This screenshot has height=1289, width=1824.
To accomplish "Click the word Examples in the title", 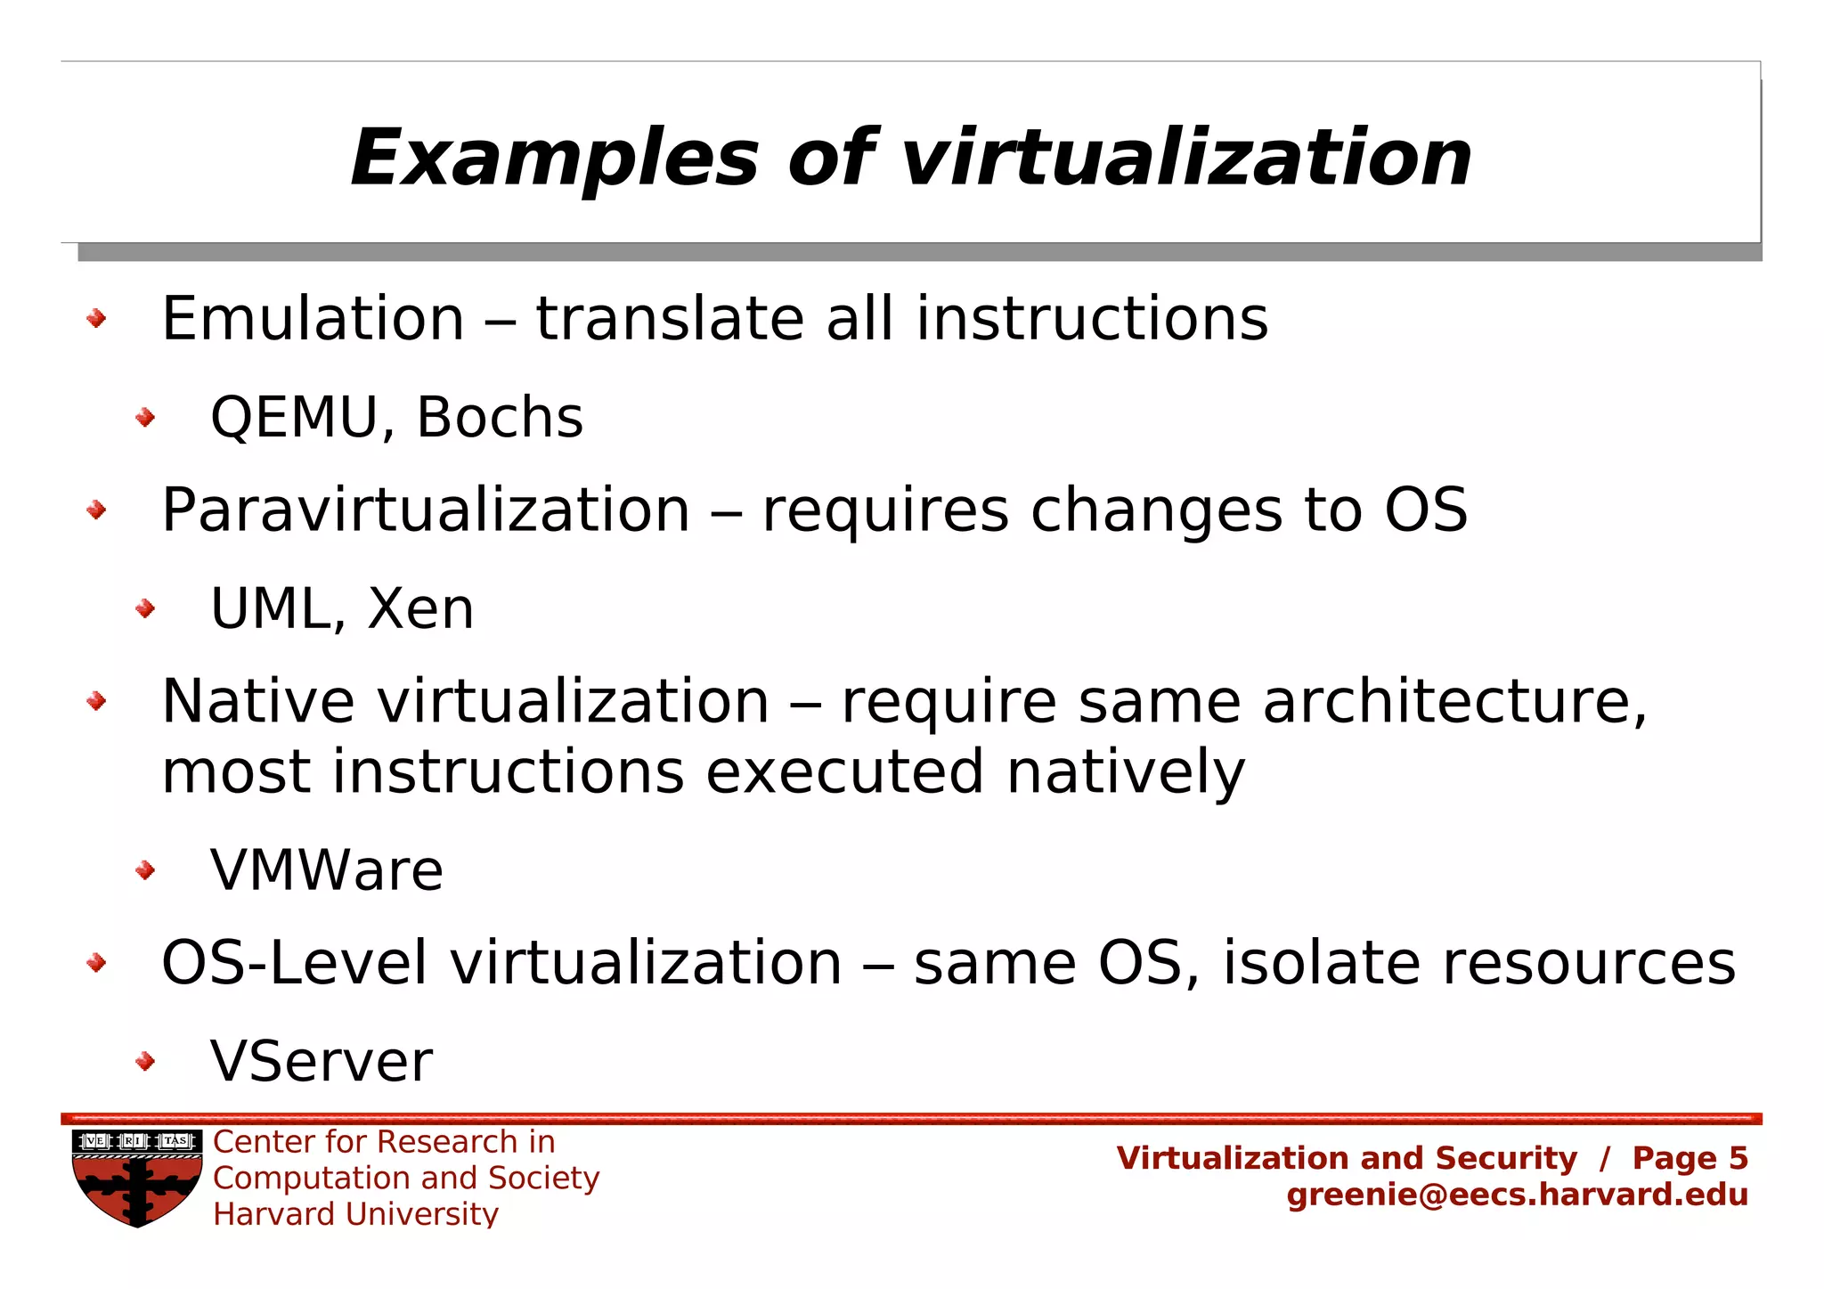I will click(553, 159).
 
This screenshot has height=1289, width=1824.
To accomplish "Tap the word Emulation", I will click(313, 319).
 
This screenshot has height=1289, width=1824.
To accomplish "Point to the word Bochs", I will click(500, 417).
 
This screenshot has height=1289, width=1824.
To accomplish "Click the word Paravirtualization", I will click(426, 511).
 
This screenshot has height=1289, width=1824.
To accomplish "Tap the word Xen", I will click(420, 609).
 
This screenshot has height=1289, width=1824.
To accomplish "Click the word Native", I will click(258, 702).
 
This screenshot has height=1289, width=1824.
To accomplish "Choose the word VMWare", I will click(327, 870).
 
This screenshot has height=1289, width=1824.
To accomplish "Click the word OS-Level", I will click(294, 963).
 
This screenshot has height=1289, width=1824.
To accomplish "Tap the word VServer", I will click(322, 1061).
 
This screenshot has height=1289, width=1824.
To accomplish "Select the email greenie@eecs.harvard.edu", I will click(1517, 1195).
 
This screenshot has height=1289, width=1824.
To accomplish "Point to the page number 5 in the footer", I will click(1738, 1158).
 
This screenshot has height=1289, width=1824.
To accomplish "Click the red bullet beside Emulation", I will click(96, 319).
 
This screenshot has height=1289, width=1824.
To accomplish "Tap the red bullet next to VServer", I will click(145, 1061).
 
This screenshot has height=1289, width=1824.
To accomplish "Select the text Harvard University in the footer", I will click(355, 1214).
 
